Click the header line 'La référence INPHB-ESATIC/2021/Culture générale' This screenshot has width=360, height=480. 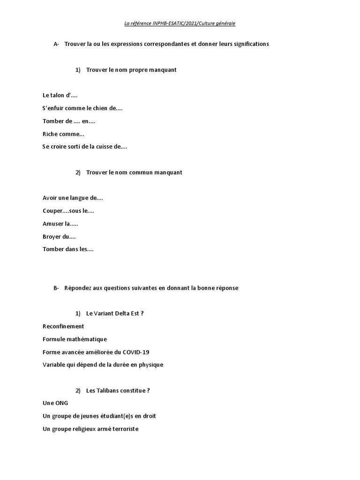pos(180,23)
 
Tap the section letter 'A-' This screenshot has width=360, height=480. pos(56,44)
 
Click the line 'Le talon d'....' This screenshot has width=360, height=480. pos(60,95)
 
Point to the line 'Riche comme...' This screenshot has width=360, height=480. pos(63,134)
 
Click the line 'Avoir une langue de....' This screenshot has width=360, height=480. pos(73,198)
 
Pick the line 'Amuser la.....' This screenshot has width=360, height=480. pos(60,224)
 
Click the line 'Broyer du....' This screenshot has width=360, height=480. pos(59,237)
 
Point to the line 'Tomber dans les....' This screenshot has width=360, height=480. pos(68,249)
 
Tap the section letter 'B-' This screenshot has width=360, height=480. pos(56,288)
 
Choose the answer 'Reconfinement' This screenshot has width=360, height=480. pos(63,326)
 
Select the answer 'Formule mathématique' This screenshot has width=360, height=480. pos(75,339)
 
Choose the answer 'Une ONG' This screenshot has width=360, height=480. pos(55,403)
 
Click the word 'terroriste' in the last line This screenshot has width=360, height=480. pos(124,429)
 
